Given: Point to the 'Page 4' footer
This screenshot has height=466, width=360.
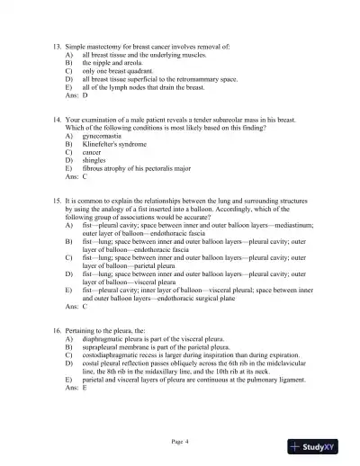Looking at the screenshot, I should tap(179, 441).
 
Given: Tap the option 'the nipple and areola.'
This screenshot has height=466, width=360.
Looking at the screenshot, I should tap(112, 65).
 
